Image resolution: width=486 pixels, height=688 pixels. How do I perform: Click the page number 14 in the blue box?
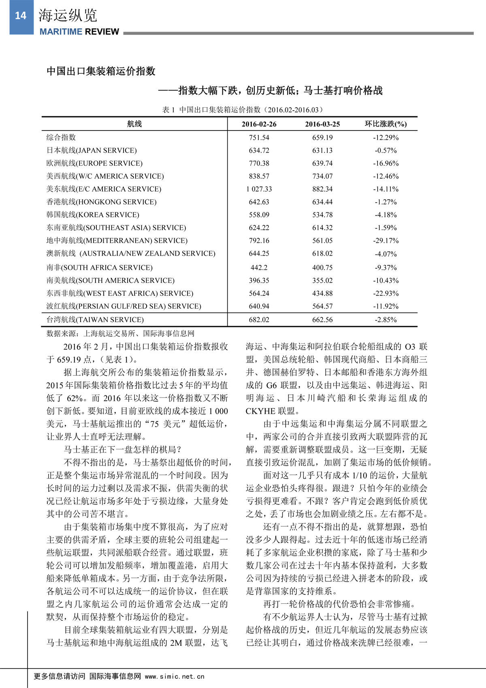coord(21,16)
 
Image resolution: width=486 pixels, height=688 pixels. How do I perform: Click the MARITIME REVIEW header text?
coord(79,32)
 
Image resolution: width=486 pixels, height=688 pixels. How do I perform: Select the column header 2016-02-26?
coord(259,124)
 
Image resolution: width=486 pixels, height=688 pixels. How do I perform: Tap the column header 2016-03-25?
coord(322,124)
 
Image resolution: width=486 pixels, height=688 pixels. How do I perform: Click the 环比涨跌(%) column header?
coord(386,124)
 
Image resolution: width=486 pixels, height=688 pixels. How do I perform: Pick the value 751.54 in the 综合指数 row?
coord(259,138)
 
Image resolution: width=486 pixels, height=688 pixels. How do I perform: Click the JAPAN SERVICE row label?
coord(92,150)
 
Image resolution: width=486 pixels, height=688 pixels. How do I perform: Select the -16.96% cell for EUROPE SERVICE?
coord(386,163)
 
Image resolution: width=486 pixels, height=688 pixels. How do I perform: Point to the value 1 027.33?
coord(259,189)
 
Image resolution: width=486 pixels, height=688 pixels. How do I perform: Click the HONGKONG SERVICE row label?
coord(101,202)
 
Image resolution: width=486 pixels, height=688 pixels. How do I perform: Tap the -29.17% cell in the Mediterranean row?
coord(386,241)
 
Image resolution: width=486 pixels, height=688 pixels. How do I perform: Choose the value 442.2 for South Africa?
coord(259,267)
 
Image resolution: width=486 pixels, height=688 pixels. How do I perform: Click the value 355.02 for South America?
coord(322,280)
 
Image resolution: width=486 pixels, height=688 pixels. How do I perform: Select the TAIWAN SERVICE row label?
coord(95,320)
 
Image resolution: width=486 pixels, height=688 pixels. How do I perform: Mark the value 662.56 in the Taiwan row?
coord(322,320)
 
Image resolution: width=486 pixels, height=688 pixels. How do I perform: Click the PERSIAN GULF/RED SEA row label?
coord(124,306)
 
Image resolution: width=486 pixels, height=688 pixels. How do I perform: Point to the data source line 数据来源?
coord(120,333)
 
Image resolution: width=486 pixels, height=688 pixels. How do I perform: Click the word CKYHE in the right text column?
coord(260,411)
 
